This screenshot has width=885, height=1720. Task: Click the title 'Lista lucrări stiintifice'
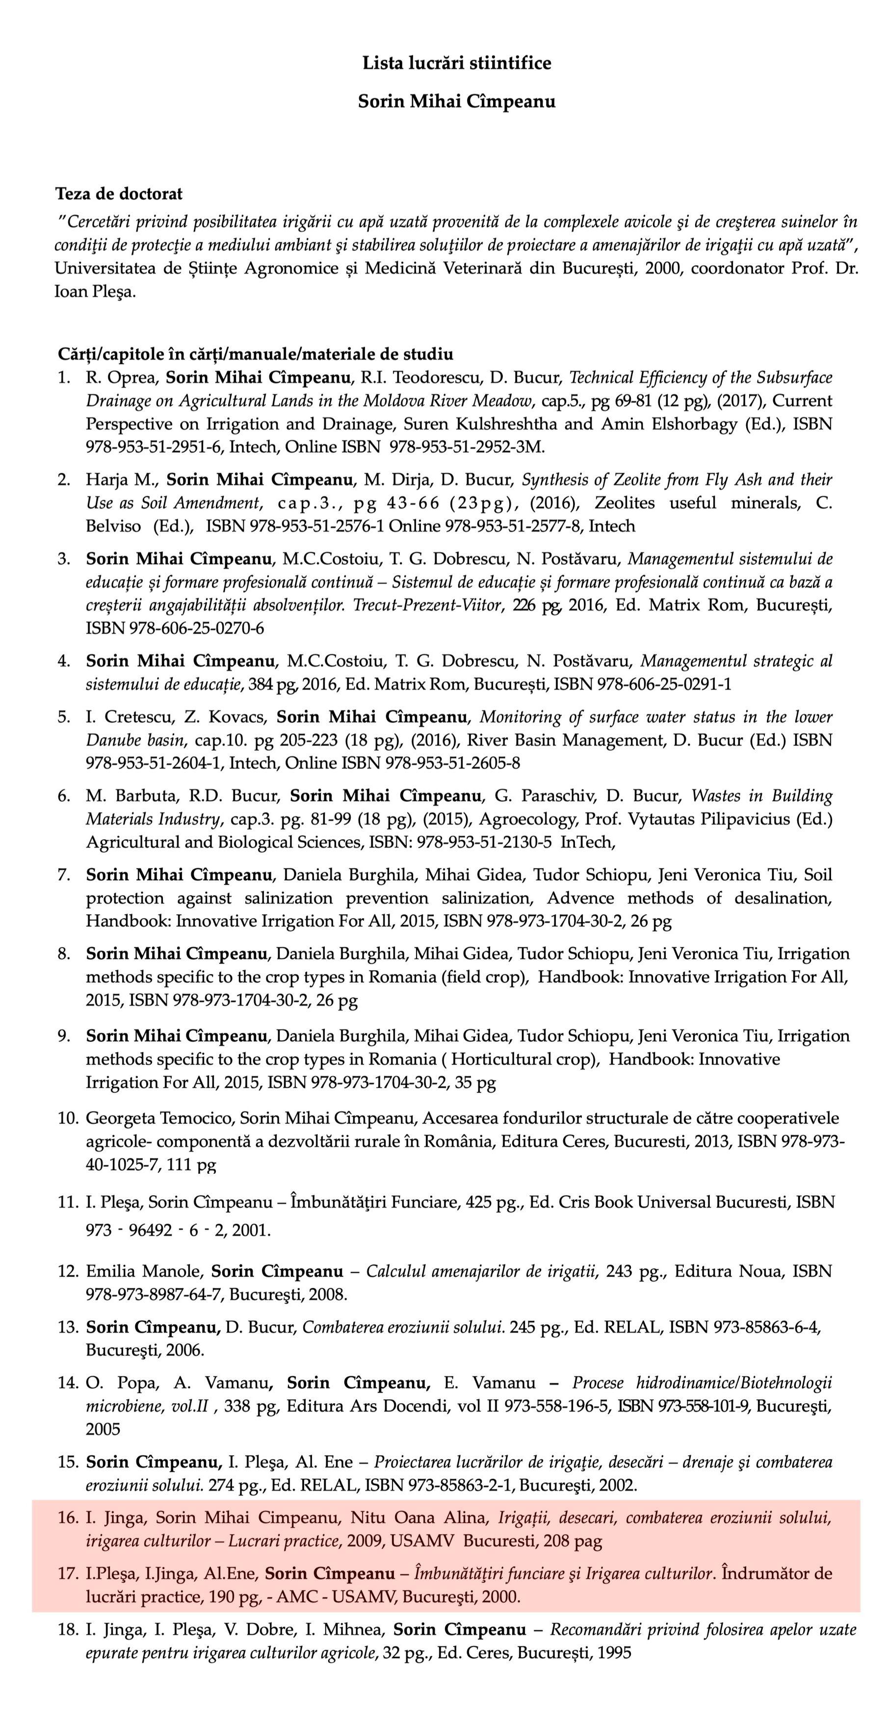coord(456,63)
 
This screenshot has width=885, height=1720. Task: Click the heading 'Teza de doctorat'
coord(118,194)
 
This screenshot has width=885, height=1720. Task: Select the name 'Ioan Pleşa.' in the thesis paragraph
coord(95,292)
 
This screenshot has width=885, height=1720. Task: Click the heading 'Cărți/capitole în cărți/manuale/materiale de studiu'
coord(256,354)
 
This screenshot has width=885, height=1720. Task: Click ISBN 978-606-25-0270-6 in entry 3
coord(175,628)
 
